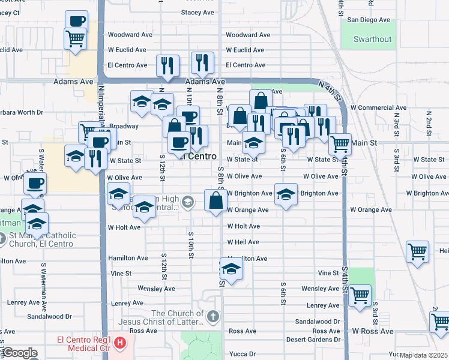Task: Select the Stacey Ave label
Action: tap(197, 12)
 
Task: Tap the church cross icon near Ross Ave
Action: tap(212, 316)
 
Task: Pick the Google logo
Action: tap(20, 353)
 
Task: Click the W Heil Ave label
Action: tap(243, 242)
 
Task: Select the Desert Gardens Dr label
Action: tap(317, 340)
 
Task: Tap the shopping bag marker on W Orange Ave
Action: tap(215, 200)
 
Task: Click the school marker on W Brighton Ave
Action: tap(286, 194)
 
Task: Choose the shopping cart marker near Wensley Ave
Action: tap(360, 295)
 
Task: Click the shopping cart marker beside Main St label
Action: tap(340, 143)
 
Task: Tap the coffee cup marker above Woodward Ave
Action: tap(76, 21)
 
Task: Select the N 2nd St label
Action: tap(429, 120)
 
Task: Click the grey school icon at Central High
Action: tap(188, 202)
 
